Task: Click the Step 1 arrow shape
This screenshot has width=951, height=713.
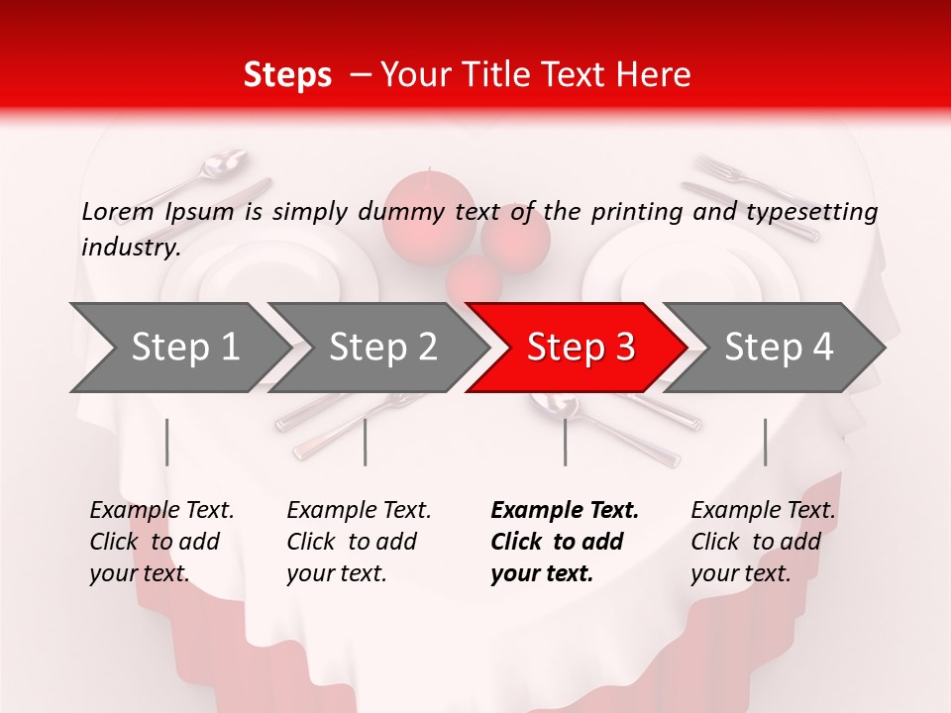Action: [178, 348]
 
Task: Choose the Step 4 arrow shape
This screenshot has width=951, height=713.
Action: [778, 348]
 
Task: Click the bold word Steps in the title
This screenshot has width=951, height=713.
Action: [287, 75]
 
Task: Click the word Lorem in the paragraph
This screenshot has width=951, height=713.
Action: [118, 212]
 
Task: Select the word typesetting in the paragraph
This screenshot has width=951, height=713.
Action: [811, 212]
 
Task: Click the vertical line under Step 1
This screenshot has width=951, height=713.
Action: [166, 442]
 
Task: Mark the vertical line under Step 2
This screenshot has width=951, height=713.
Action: [366, 442]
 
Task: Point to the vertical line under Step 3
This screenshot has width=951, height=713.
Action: [565, 442]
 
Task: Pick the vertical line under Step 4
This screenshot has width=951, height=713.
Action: [765, 442]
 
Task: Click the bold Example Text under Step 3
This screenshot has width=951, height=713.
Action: [565, 511]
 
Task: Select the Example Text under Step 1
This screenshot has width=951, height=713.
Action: [161, 511]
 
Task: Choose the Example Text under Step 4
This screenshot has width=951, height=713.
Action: [763, 511]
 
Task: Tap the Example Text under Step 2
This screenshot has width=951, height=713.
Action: [359, 511]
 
